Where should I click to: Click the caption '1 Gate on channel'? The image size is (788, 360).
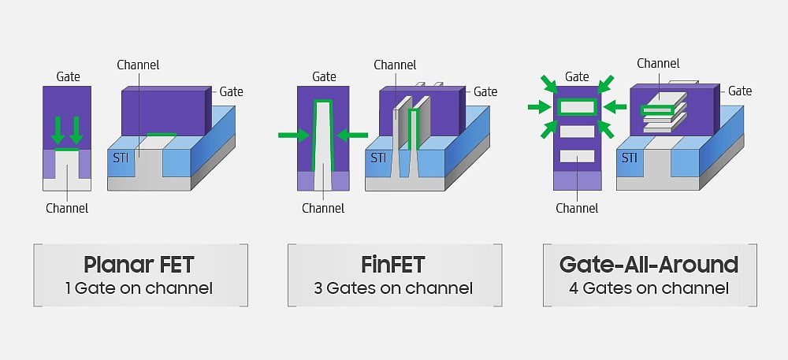(139, 288)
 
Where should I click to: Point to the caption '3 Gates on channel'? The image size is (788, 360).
(393, 288)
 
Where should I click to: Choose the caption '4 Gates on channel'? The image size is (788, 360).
(649, 288)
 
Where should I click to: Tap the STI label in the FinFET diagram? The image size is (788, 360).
(379, 157)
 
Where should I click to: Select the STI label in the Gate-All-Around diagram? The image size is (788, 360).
(630, 157)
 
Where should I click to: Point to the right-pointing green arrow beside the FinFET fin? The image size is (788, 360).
(294, 135)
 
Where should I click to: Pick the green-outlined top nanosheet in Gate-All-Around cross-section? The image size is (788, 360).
(577, 106)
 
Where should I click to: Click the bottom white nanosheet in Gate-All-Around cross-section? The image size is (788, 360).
(577, 156)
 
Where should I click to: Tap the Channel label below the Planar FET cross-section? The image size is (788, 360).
(67, 209)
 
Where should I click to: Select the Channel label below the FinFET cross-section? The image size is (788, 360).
(323, 209)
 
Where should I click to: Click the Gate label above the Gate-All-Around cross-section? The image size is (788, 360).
(577, 76)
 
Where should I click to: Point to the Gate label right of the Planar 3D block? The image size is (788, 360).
(231, 92)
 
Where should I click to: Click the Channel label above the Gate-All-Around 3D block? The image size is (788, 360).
(658, 63)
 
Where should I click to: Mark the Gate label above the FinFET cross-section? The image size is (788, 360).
(324, 76)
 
